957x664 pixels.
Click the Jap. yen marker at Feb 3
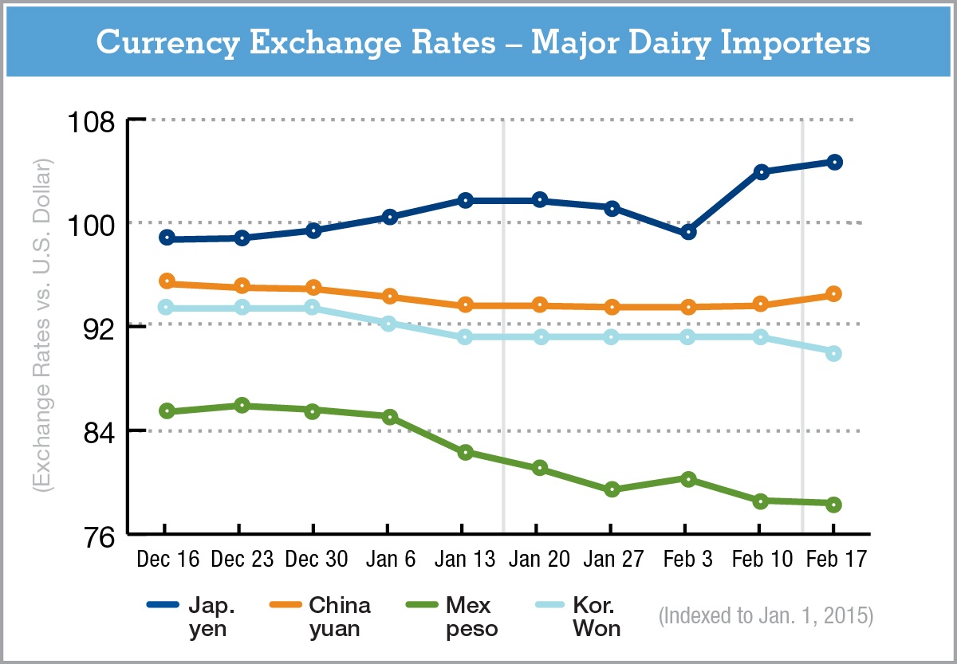click(x=688, y=232)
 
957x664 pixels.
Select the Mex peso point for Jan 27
click(x=612, y=489)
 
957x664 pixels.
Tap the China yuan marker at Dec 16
click(x=167, y=281)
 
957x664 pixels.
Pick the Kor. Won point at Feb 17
click(x=834, y=353)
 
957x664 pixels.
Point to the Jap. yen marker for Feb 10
click(x=761, y=171)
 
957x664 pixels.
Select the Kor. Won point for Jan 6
click(x=389, y=324)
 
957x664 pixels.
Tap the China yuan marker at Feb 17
click(x=834, y=294)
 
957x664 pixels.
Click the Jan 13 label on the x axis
click(x=463, y=560)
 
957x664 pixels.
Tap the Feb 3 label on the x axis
click(x=687, y=560)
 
